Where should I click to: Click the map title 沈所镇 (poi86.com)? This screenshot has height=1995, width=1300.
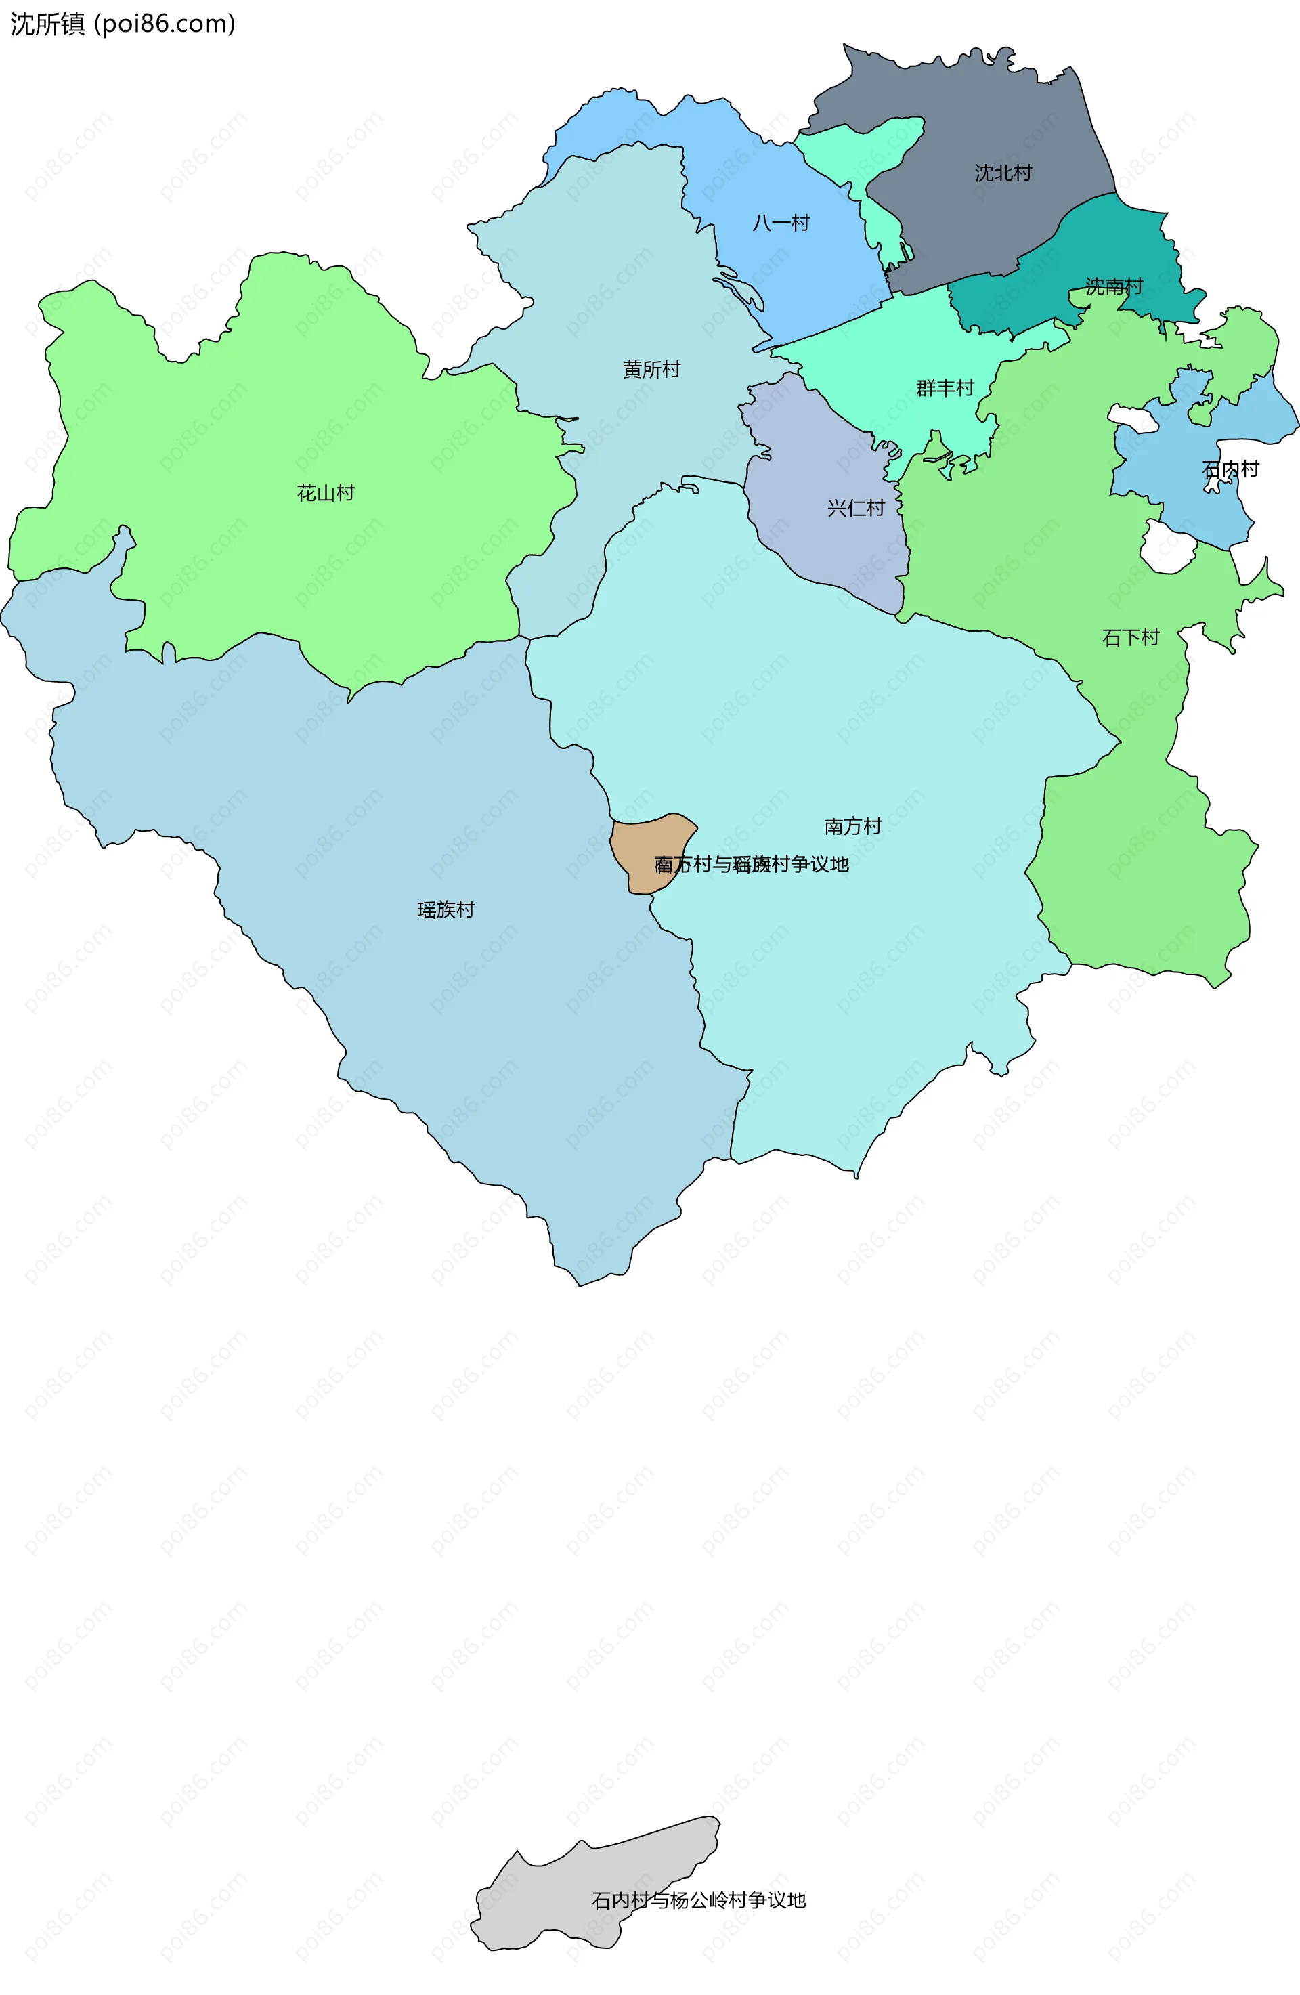123,24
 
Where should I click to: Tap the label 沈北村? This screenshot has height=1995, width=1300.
1003,173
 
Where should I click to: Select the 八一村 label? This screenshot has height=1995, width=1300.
780,222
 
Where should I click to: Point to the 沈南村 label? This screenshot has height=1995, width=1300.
1113,286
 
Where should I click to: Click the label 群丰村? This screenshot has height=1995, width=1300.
945,388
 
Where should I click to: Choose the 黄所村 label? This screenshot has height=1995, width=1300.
651,369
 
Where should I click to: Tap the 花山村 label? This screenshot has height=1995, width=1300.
325,493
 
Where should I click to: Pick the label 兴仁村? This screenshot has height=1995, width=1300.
855,508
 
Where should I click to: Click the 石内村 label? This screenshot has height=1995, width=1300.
1230,469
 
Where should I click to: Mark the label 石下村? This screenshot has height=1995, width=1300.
1130,638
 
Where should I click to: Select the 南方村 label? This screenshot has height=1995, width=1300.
852,826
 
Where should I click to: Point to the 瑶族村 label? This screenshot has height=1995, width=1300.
446,909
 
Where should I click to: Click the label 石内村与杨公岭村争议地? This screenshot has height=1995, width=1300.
698,1900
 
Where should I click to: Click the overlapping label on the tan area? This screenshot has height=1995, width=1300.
751,864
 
